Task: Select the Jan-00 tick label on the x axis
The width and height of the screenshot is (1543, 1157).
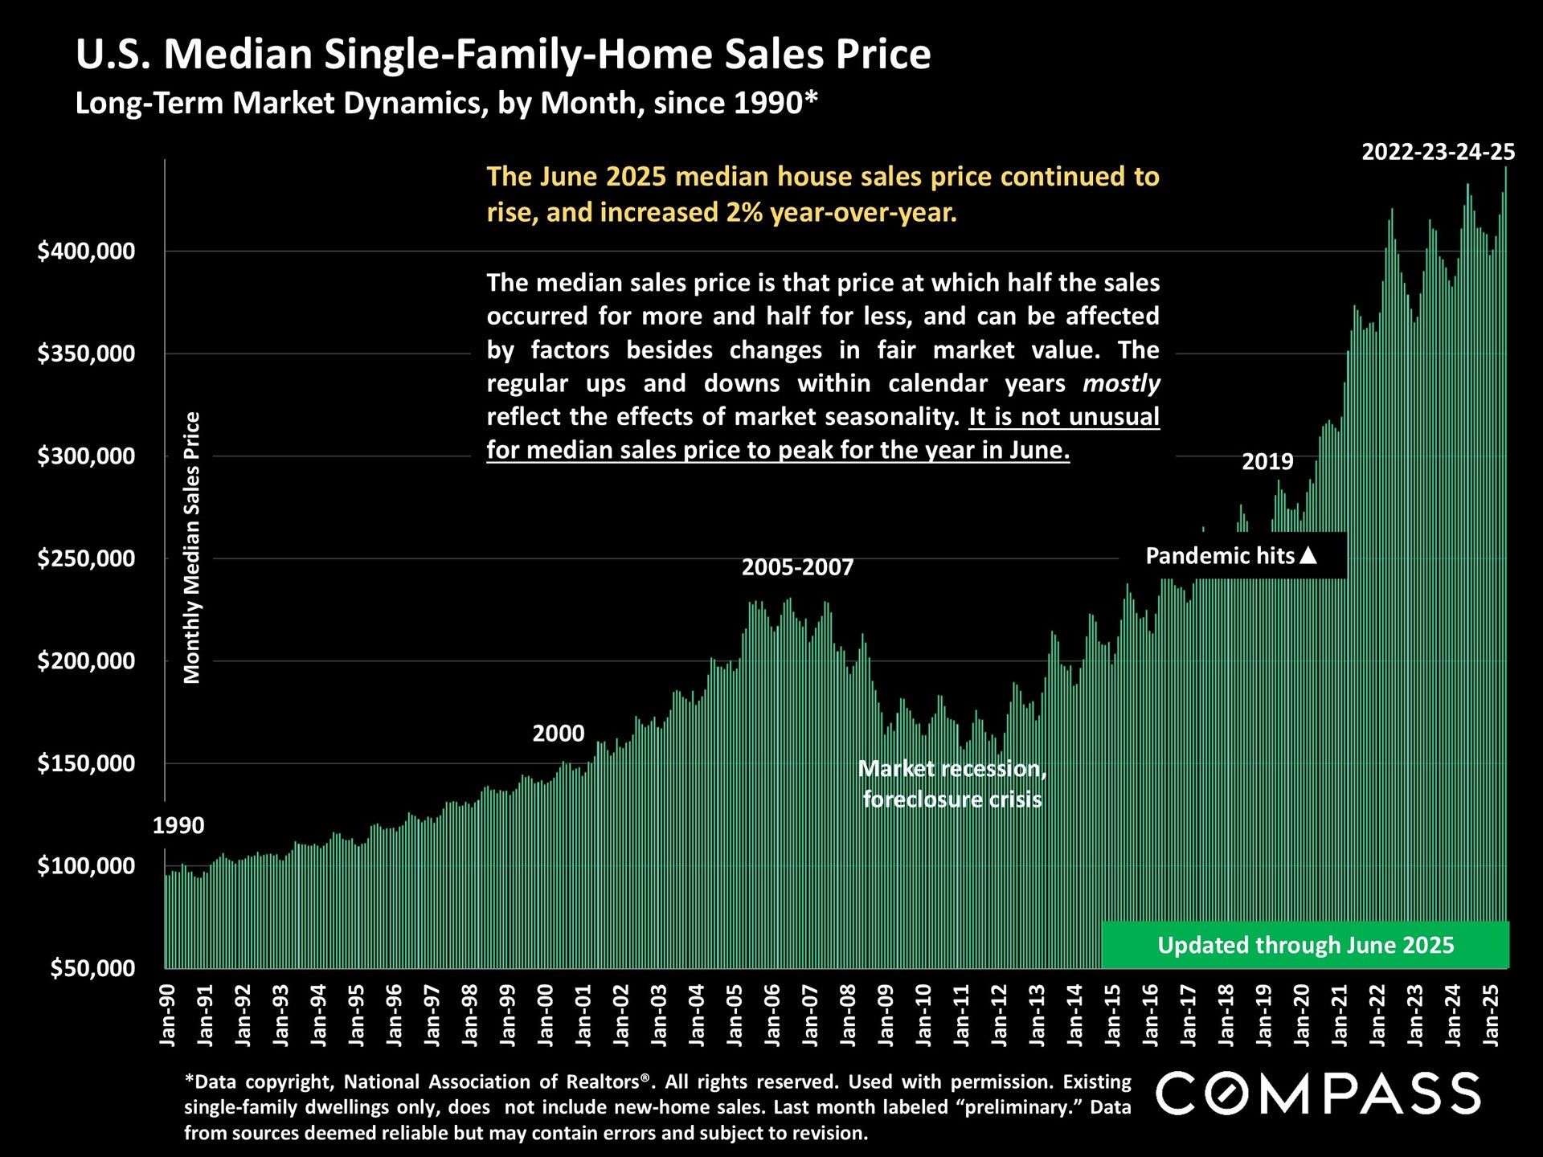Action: (546, 1015)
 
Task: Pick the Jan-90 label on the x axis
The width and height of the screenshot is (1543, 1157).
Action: (168, 1015)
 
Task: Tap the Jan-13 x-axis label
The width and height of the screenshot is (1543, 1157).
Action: (1037, 1015)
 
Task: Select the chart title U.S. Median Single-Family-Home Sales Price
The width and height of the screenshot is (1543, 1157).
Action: (503, 55)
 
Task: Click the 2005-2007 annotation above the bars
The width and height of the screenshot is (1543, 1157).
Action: (797, 567)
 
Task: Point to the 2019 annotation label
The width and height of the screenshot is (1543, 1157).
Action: (1267, 461)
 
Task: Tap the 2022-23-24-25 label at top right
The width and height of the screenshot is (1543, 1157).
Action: (1438, 152)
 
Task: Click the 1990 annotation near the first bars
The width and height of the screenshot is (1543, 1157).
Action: (178, 825)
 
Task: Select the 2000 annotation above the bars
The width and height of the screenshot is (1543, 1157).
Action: (559, 733)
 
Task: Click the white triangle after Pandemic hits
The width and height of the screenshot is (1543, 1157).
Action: (1308, 555)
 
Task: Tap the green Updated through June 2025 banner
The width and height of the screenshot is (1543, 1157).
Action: (1305, 945)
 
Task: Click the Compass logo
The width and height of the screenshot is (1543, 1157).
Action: (1318, 1094)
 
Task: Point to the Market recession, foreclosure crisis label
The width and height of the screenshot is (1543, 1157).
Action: (952, 783)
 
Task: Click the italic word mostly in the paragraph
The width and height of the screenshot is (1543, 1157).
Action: (1121, 383)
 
